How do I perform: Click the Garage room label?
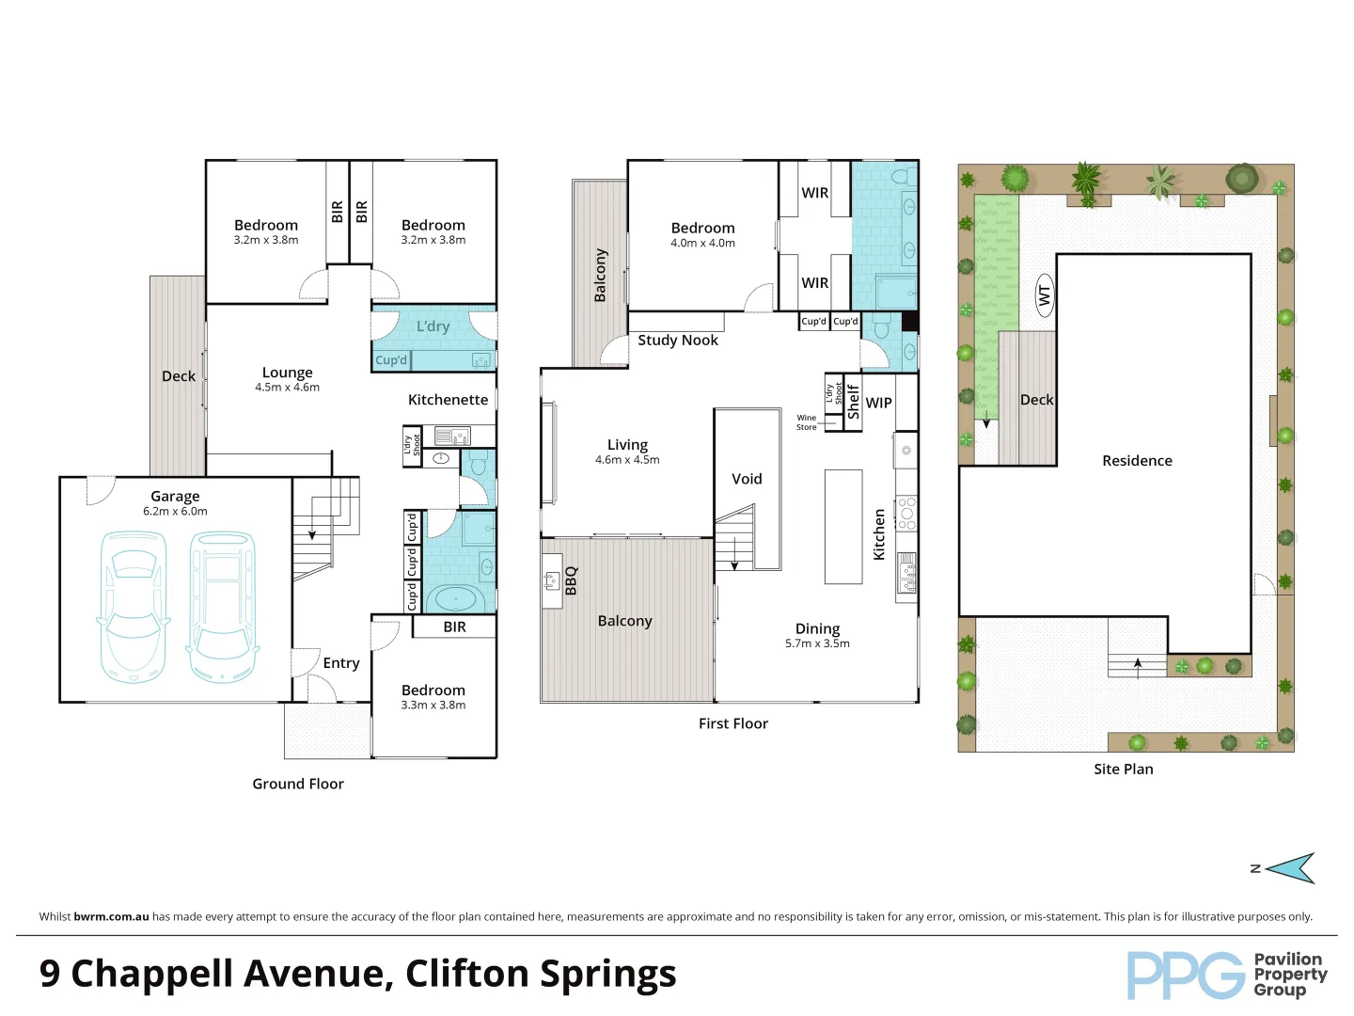(175, 496)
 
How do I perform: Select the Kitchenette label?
(448, 400)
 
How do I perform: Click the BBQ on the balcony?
(553, 580)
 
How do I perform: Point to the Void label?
(747, 479)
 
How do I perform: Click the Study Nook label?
(677, 341)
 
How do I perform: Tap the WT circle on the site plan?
(1044, 295)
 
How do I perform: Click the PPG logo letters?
(1186, 976)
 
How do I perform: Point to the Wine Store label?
(807, 422)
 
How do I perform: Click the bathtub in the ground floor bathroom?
(456, 598)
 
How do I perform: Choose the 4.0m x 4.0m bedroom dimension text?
(702, 244)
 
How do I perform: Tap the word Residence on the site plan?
(1137, 461)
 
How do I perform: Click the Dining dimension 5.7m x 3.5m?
(817, 644)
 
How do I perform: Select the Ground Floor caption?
(298, 784)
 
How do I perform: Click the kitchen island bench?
(843, 527)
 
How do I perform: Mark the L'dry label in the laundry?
(433, 326)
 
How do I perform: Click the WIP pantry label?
(878, 403)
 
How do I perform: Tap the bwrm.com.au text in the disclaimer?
(111, 916)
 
